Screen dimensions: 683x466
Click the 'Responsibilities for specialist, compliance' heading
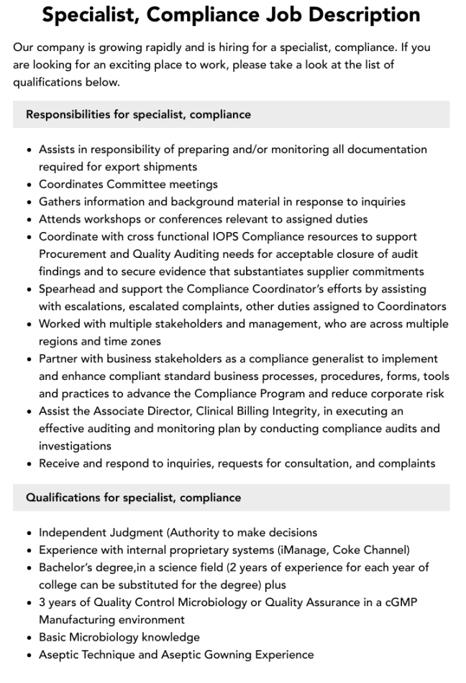pyautogui.click(x=138, y=114)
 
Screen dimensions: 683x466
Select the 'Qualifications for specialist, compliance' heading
pyautogui.click(x=133, y=497)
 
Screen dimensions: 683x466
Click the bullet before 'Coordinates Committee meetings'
pyautogui.click(x=28, y=185)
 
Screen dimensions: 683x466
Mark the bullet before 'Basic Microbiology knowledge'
pyautogui.click(x=28, y=637)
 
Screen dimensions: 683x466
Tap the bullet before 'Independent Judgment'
pyautogui.click(x=28, y=533)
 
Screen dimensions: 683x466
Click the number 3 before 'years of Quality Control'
pyautogui.click(x=42, y=602)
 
